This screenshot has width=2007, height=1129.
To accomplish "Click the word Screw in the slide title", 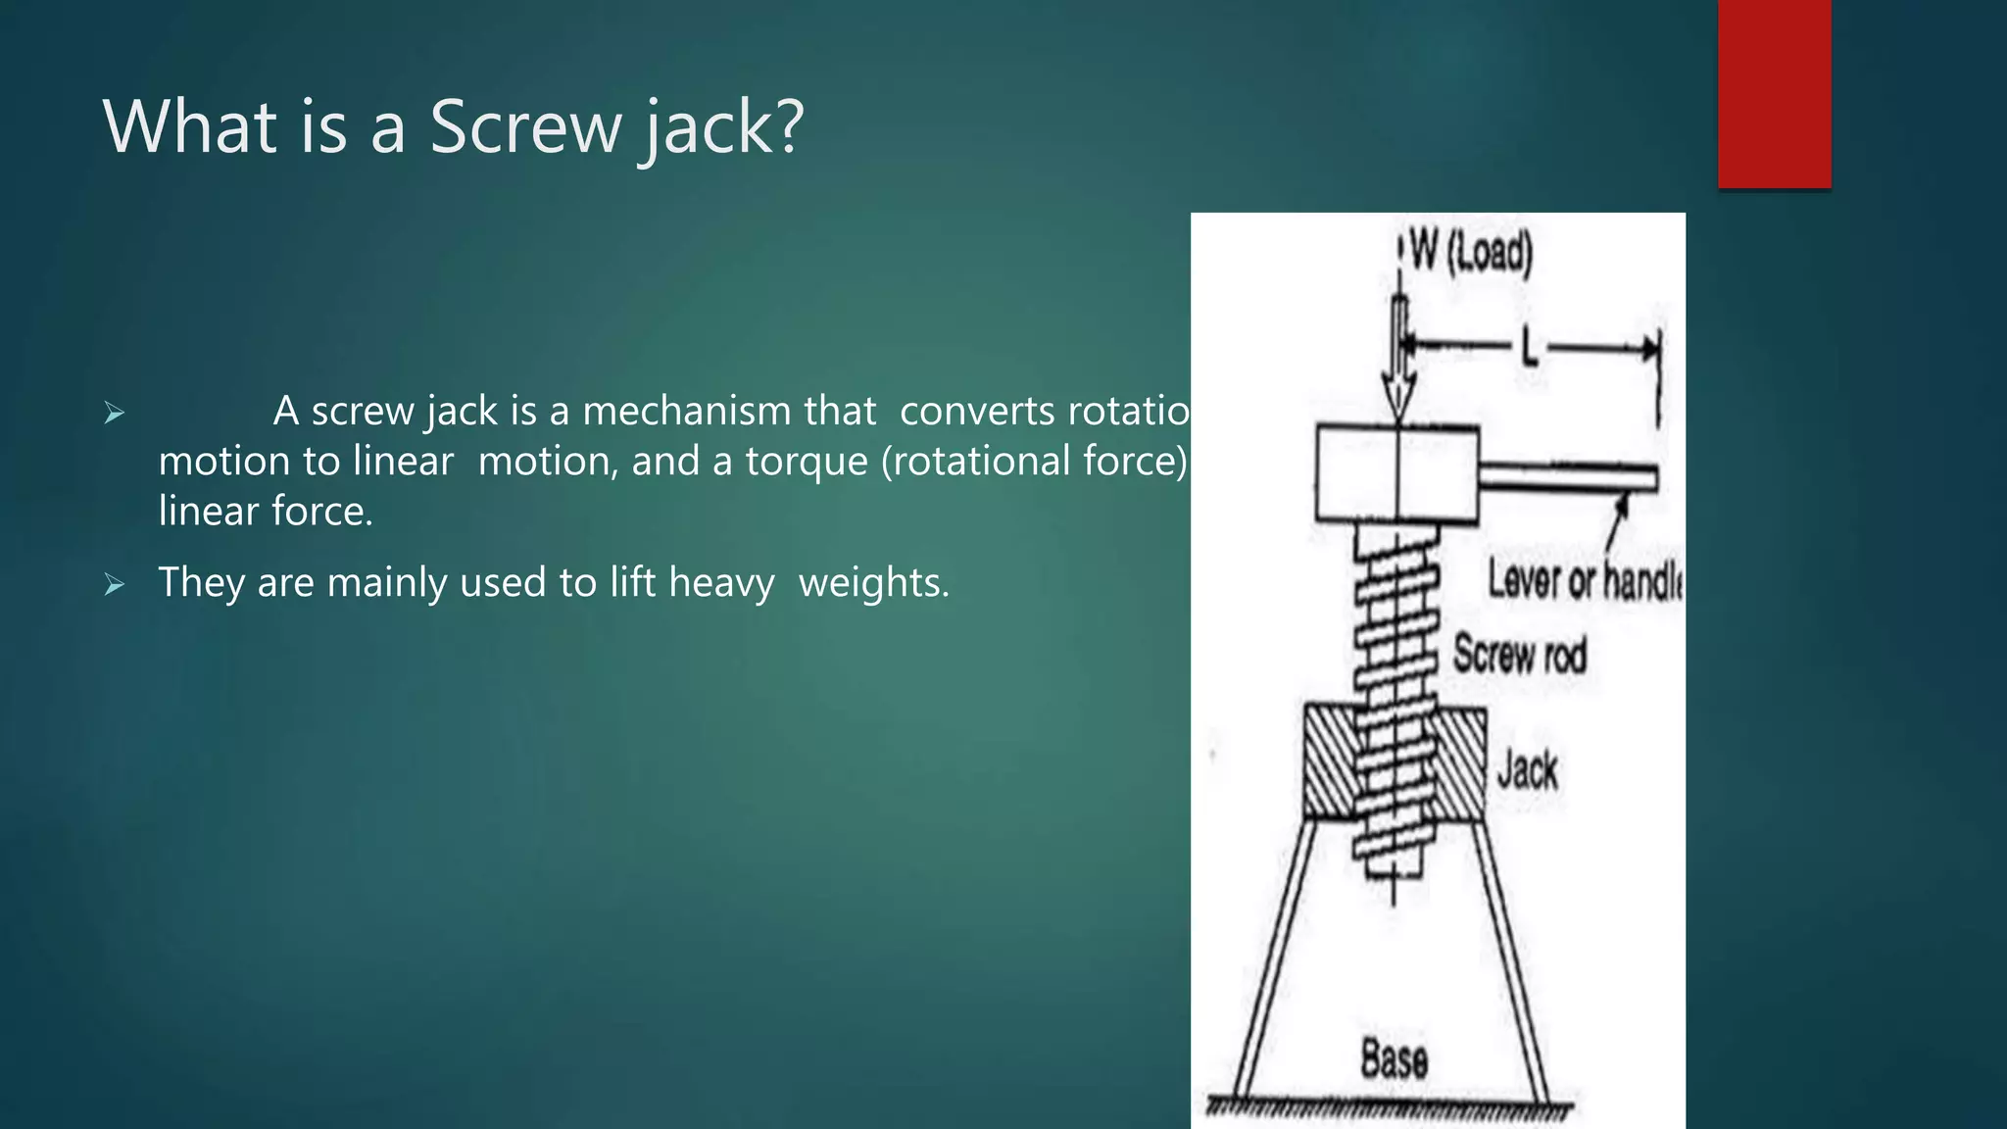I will pos(526,127).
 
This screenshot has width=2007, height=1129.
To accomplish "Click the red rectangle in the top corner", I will pos(1774,93).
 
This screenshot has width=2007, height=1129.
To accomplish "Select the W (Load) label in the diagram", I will pos(1470,253).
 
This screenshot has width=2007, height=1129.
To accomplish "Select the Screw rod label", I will pos(1519,655).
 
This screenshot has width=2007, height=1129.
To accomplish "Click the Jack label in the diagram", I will pos(1527,770).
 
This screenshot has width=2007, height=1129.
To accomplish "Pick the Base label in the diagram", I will pos(1394,1059).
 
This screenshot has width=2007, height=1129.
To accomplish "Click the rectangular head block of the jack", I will pos(1396,473).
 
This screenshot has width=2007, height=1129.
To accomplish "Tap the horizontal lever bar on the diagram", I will pos(1568,478).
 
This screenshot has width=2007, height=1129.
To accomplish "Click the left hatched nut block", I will pos(1329,762).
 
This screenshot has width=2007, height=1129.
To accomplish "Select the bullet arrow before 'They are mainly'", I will pos(115,586).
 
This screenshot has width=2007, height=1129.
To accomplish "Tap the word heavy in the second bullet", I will pos(721,582).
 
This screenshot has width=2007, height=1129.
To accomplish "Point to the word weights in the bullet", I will pos(873,582).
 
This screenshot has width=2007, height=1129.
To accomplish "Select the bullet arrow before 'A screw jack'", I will pos(115,414).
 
